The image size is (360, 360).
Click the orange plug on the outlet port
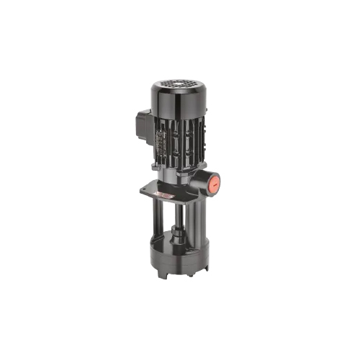215,183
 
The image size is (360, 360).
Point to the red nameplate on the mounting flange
164,194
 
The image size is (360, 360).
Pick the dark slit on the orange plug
215,183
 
